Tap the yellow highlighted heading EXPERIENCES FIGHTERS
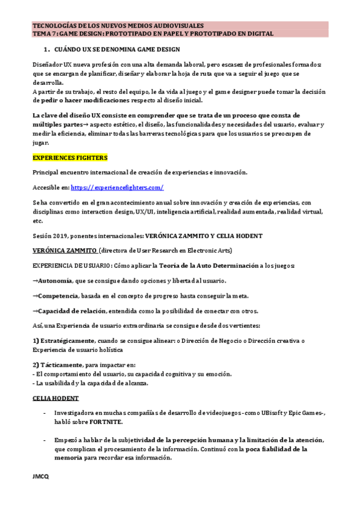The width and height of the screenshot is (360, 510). coord(70,158)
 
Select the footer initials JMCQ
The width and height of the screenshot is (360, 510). coord(41,476)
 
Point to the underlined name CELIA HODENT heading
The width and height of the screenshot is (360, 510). coord(55,398)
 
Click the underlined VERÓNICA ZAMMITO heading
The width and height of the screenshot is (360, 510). coord(64,250)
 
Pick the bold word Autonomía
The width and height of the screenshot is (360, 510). coord(55,280)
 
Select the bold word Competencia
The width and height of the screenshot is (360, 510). coord(58,296)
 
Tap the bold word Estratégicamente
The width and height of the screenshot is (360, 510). coord(67,341)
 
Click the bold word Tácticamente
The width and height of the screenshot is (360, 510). coord(60,364)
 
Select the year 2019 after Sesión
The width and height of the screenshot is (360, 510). coord(61,235)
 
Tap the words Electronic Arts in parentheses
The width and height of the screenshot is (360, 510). coord(211,250)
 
